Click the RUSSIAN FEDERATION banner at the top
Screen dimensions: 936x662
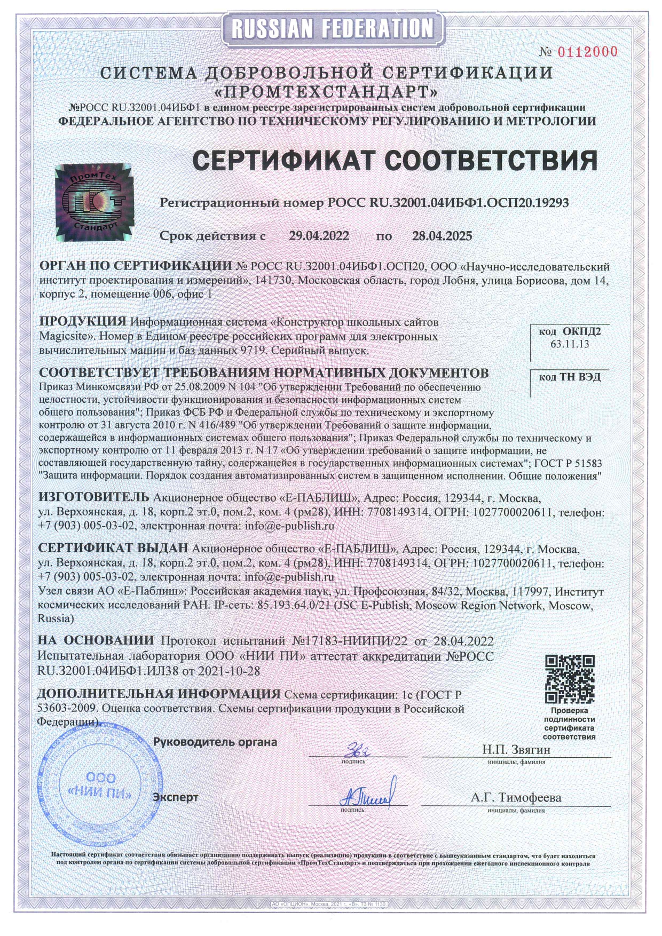[x=332, y=28]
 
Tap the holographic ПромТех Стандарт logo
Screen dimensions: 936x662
[x=93, y=202]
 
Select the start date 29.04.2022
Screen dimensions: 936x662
[x=319, y=236]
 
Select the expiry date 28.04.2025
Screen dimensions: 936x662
[x=442, y=236]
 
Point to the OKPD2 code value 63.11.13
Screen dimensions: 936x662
[x=570, y=344]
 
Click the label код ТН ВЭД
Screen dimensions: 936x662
[x=570, y=377]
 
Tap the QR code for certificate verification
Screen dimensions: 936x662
[x=569, y=679]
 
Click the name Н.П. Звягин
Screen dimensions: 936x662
[x=516, y=750]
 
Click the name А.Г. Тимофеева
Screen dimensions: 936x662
[x=516, y=797]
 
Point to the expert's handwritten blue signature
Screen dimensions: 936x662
[x=367, y=795]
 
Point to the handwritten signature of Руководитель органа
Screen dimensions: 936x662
[x=359, y=749]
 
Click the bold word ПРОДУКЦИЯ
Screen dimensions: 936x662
[x=83, y=321]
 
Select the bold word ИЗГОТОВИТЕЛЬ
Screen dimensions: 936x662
[x=93, y=497]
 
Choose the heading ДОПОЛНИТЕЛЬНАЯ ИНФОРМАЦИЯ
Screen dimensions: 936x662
[x=159, y=694]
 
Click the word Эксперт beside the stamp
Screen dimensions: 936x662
[x=175, y=797]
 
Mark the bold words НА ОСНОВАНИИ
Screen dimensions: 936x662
[x=96, y=640]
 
